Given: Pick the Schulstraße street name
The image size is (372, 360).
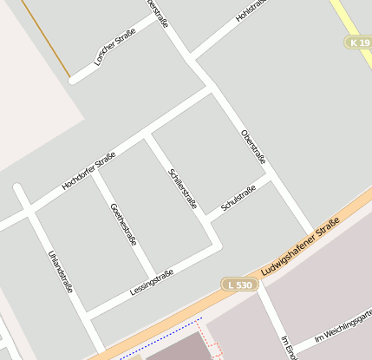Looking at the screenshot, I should pos(238,198).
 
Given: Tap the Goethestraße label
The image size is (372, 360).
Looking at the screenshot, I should pos(123,224).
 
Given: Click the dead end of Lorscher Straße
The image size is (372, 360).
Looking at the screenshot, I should pos(75,79).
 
